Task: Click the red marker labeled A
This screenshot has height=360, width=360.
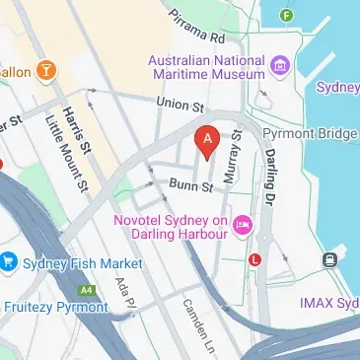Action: [206, 142]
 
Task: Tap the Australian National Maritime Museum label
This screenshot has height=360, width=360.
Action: [206, 67]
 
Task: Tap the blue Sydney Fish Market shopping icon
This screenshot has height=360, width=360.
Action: [10, 263]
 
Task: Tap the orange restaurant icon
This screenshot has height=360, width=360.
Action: [45, 70]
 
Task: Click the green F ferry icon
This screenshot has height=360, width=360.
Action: [287, 15]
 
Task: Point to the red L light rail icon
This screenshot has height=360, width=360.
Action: [256, 259]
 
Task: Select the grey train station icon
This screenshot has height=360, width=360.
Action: [329, 259]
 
